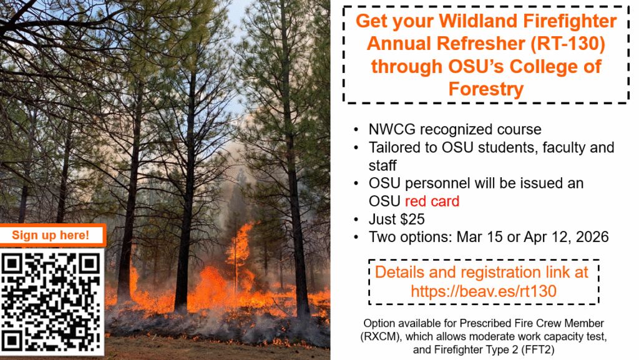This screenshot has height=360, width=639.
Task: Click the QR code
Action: [51, 302]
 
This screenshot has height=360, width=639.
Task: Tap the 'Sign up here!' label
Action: [51, 235]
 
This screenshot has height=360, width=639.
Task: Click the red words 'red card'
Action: [432, 201]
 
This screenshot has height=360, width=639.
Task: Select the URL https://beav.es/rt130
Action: [484, 291]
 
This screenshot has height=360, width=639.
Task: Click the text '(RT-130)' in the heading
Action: [568, 44]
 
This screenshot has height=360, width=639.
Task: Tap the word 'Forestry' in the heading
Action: [485, 89]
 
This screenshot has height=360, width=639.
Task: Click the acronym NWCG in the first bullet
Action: [392, 130]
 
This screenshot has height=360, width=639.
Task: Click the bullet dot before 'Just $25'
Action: [356, 219]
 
